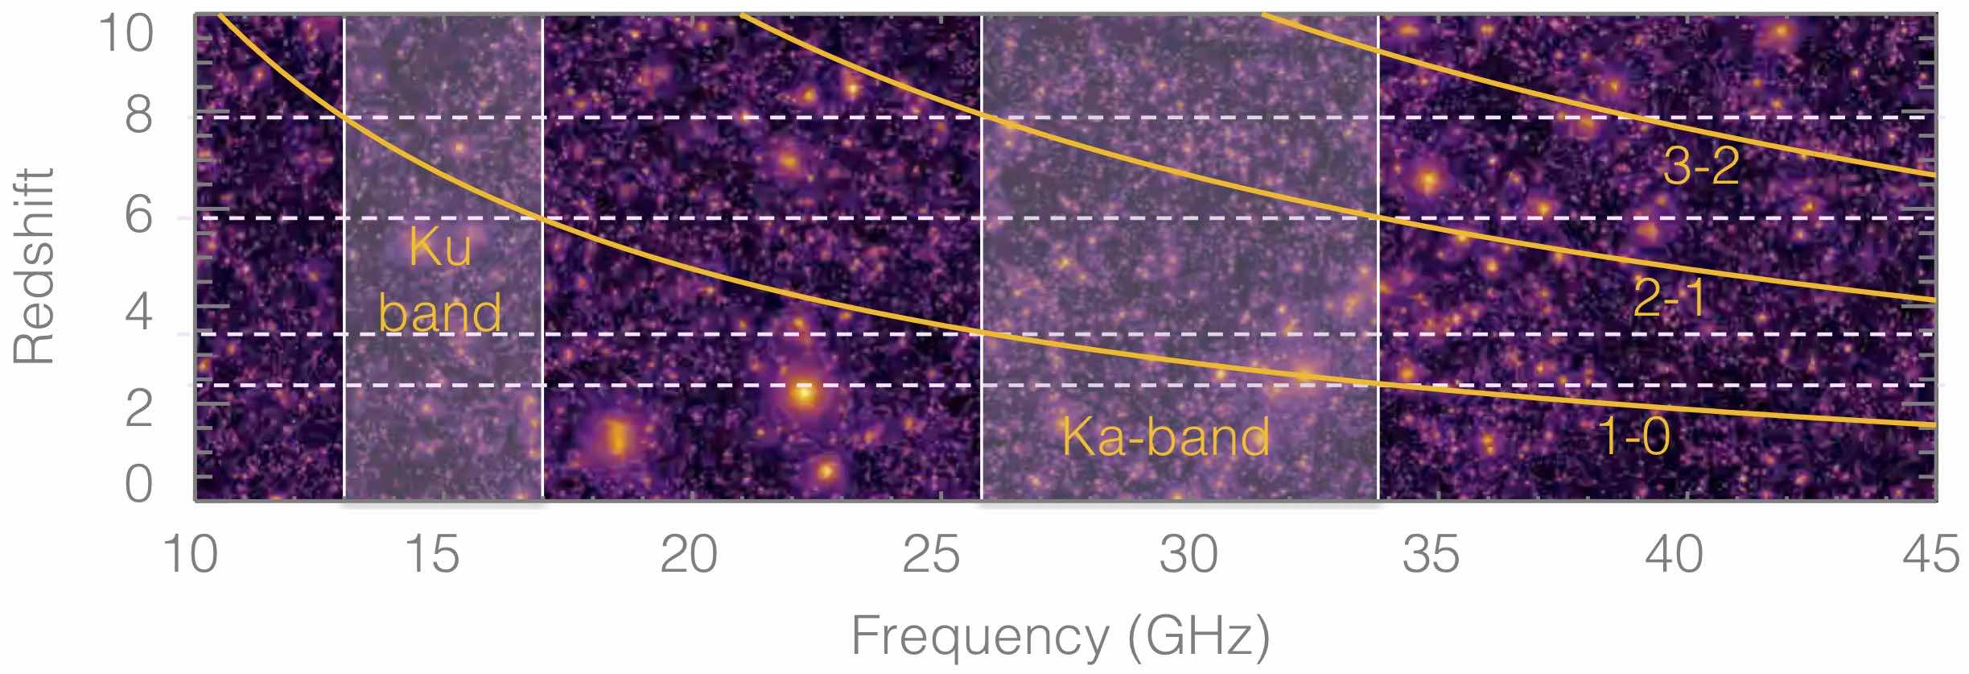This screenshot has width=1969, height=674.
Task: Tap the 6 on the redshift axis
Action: click(x=138, y=216)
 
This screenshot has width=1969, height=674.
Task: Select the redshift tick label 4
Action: click(x=138, y=312)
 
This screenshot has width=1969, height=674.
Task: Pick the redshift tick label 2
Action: click(x=138, y=408)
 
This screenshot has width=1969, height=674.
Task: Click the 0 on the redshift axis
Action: click(x=138, y=486)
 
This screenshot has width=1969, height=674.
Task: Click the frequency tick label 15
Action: click(x=434, y=556)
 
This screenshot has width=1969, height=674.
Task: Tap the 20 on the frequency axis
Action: click(x=689, y=556)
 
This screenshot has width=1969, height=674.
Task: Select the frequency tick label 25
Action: click(x=931, y=556)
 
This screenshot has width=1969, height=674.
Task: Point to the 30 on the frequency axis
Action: click(x=1188, y=556)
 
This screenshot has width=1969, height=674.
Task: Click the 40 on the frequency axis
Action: click(x=1674, y=556)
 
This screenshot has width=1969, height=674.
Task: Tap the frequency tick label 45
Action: click(x=1931, y=556)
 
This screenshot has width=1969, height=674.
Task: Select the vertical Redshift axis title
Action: click(x=34, y=266)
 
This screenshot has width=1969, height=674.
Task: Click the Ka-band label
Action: click(x=1166, y=437)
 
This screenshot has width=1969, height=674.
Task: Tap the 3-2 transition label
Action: click(x=1700, y=167)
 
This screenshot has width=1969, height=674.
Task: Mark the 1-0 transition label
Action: click(x=1633, y=437)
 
